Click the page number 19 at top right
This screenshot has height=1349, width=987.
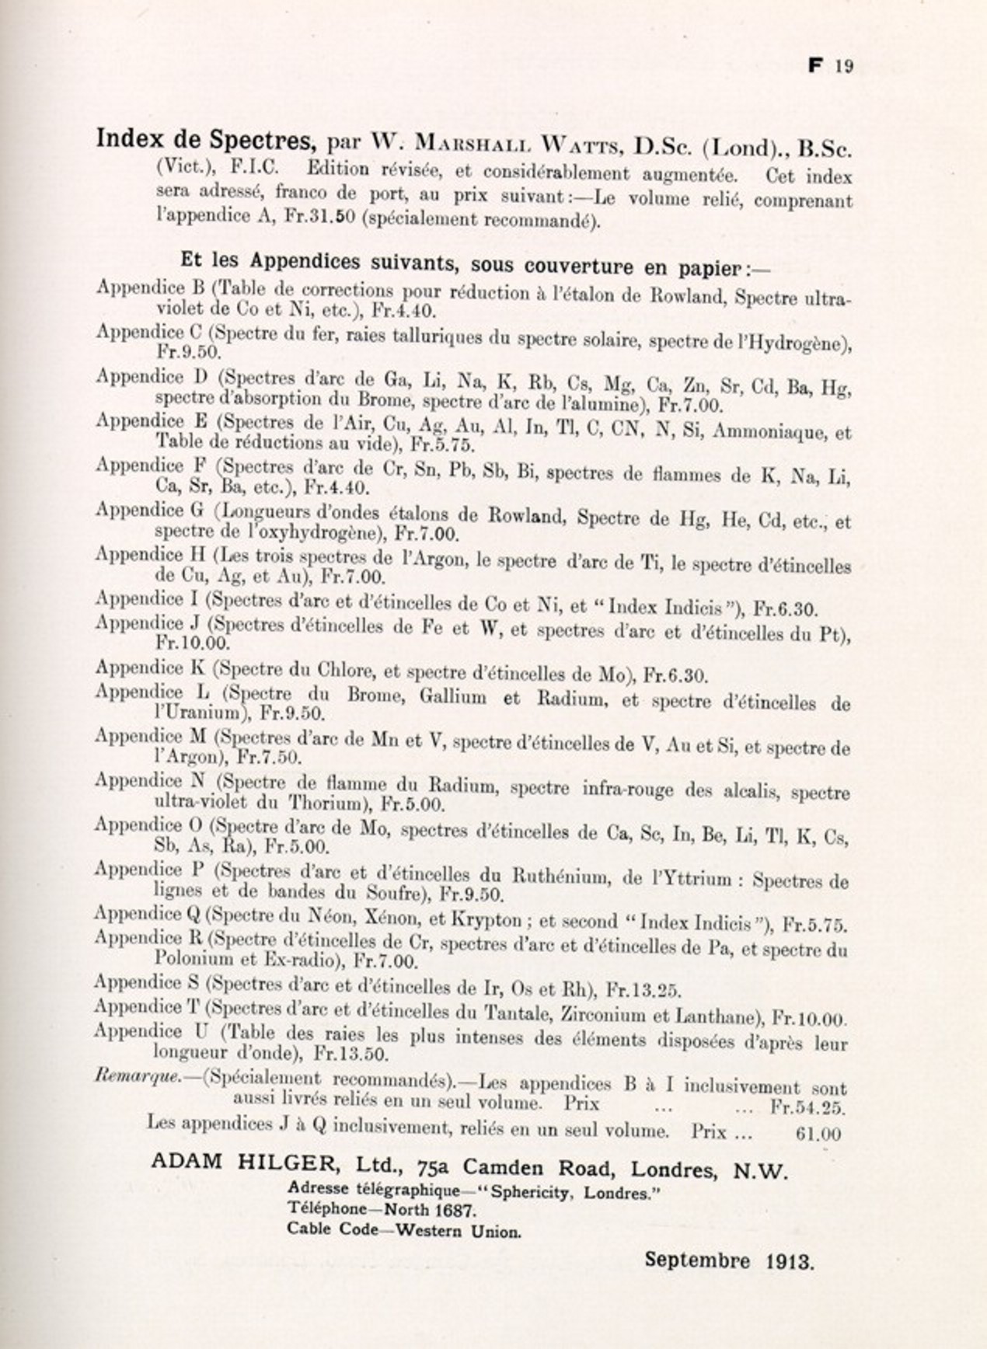click(x=844, y=66)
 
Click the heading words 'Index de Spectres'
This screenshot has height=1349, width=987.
click(x=205, y=140)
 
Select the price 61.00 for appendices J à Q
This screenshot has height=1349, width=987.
click(x=818, y=1134)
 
